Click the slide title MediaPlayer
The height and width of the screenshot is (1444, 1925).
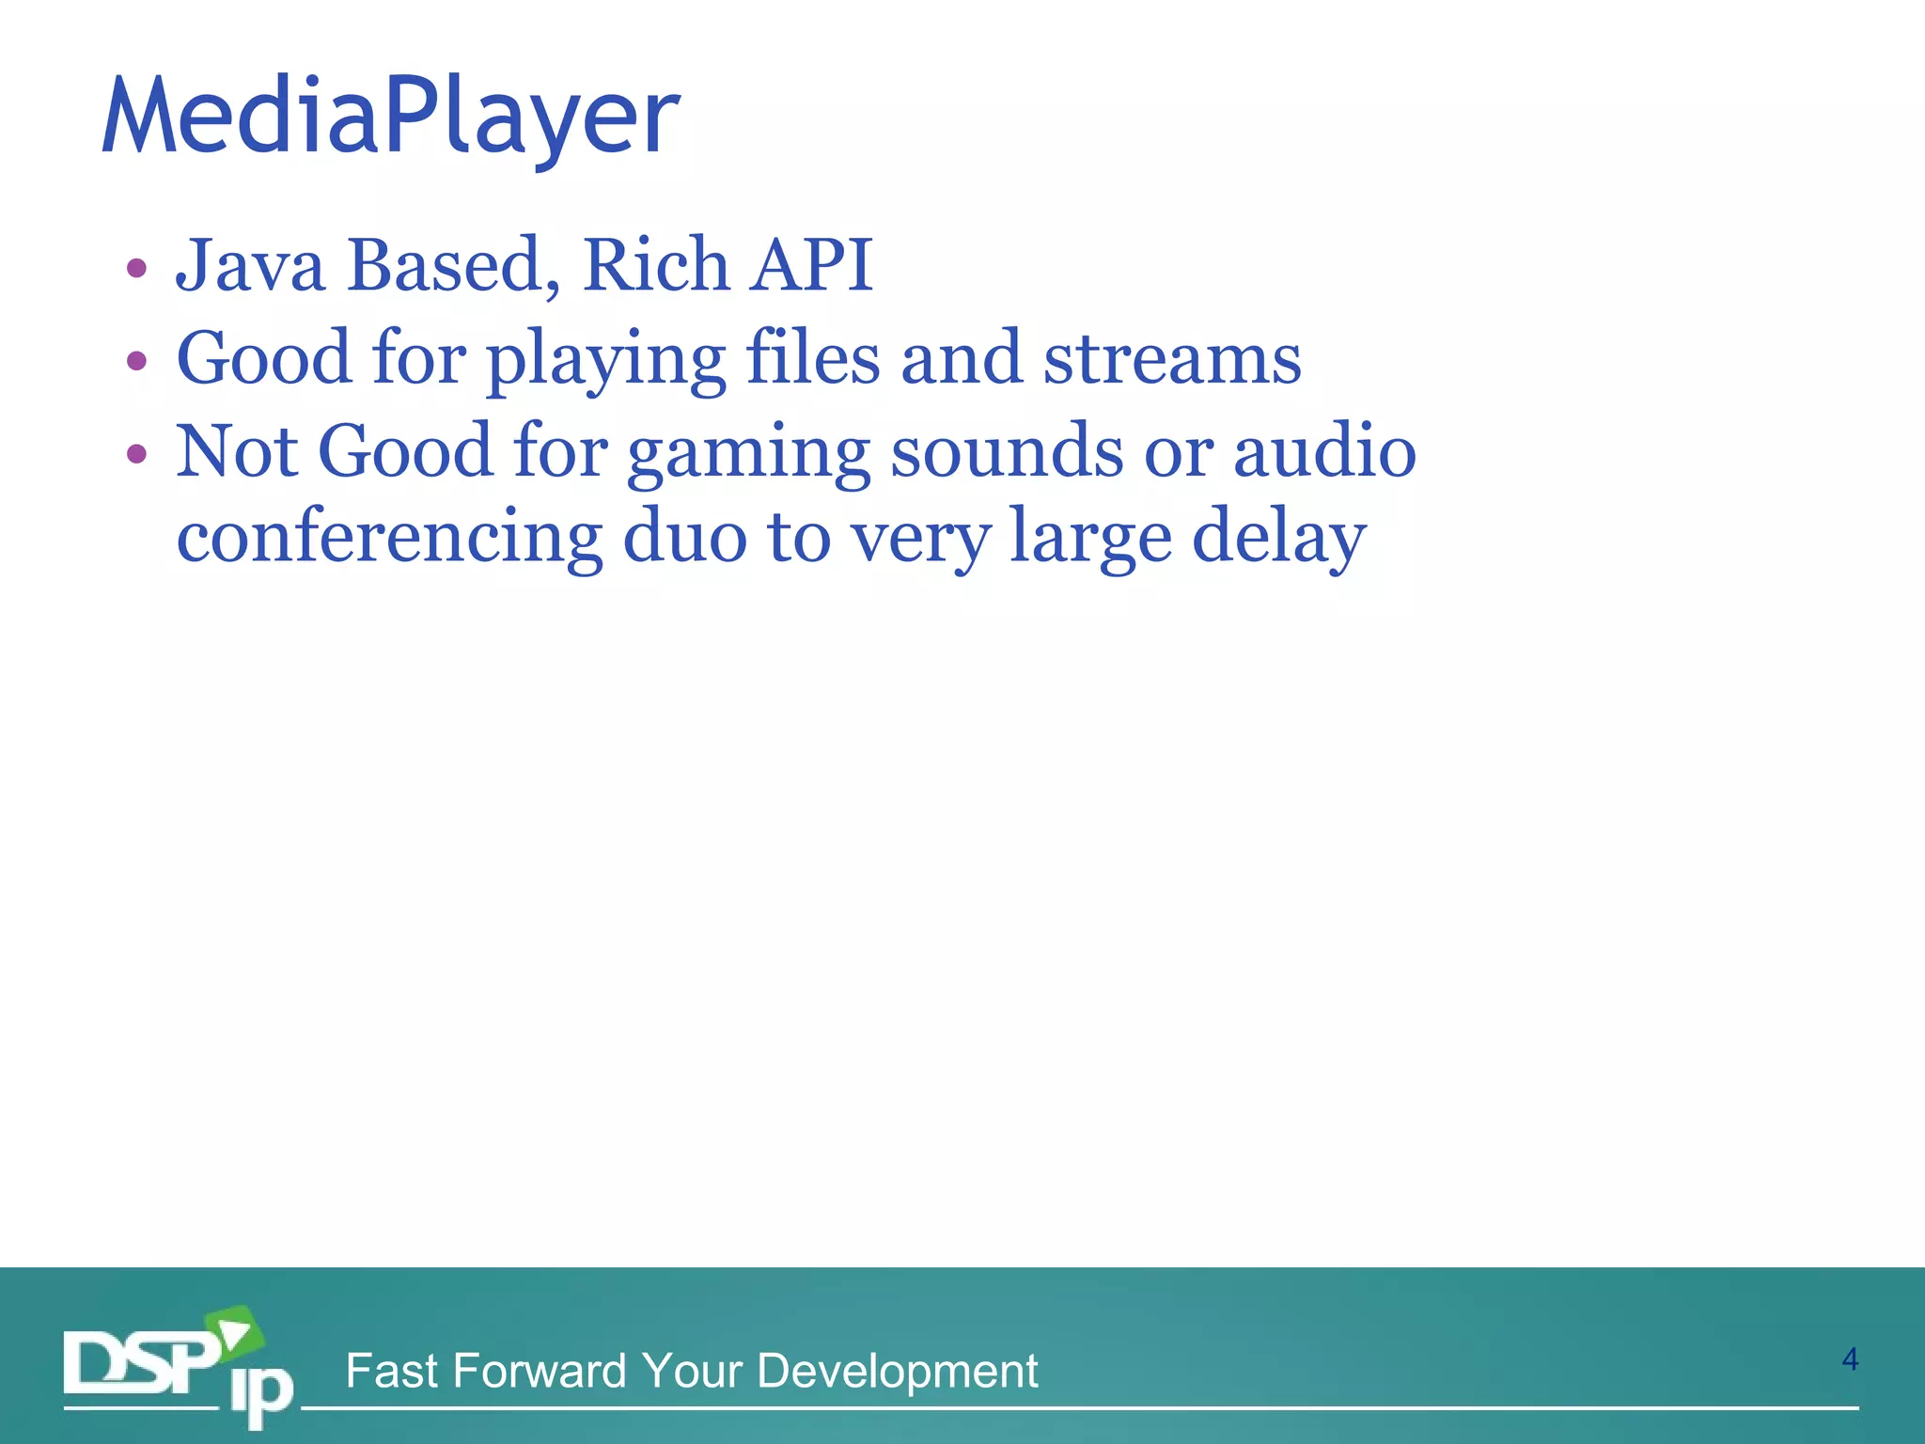click(x=390, y=118)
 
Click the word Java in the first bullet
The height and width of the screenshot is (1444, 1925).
click(x=250, y=266)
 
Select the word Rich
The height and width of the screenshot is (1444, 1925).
click(x=655, y=266)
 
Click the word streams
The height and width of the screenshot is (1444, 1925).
click(x=1172, y=359)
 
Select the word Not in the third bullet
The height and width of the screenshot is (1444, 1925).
click(x=237, y=452)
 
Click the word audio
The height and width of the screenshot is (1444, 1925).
click(x=1324, y=452)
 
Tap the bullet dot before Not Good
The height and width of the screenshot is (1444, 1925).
click(x=137, y=455)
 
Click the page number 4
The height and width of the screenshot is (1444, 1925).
click(x=1849, y=1359)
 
